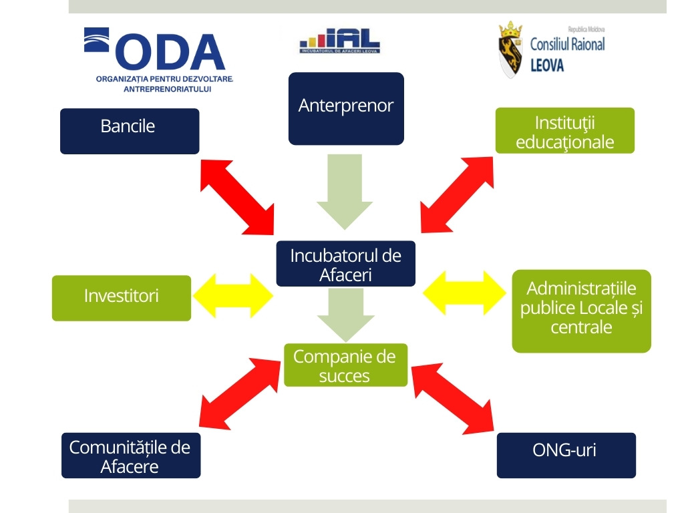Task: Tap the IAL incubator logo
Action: click(339, 41)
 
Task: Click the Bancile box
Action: click(130, 131)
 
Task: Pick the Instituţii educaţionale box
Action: click(565, 131)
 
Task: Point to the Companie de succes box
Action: click(345, 365)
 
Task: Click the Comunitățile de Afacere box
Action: click(131, 456)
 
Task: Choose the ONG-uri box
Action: click(566, 455)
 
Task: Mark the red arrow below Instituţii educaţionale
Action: click(458, 193)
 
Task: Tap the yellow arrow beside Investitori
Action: click(232, 295)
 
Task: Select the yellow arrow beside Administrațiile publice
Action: click(465, 293)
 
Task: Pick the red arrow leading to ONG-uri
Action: click(452, 397)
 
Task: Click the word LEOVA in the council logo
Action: click(546, 65)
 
